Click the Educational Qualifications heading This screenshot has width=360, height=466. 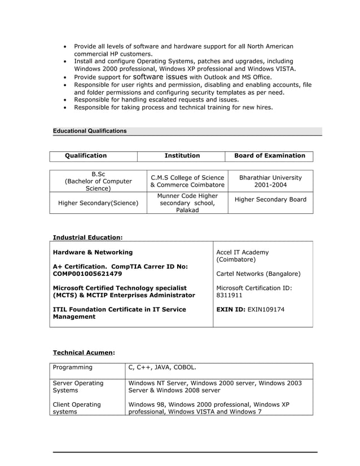click(x=90, y=131)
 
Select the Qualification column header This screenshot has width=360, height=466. click(x=86, y=156)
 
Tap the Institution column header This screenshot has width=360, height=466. click(x=182, y=156)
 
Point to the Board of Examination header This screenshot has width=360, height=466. click(x=270, y=156)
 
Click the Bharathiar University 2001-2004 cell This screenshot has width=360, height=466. click(x=270, y=181)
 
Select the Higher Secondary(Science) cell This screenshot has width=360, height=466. click(x=98, y=203)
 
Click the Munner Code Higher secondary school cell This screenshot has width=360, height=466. click(x=187, y=203)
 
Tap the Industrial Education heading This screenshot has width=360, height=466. click(x=87, y=238)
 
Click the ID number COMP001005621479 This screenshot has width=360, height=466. click(x=87, y=274)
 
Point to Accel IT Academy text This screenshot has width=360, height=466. click(x=243, y=252)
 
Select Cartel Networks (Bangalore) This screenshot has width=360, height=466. click(x=258, y=274)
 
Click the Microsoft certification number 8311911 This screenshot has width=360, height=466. click(x=230, y=295)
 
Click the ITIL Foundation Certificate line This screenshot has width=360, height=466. click(x=119, y=310)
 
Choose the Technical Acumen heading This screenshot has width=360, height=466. click(x=84, y=353)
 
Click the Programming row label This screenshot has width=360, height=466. click(x=72, y=368)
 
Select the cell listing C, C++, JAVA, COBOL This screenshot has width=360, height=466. click(x=163, y=368)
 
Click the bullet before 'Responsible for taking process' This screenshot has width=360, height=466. click(x=67, y=107)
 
